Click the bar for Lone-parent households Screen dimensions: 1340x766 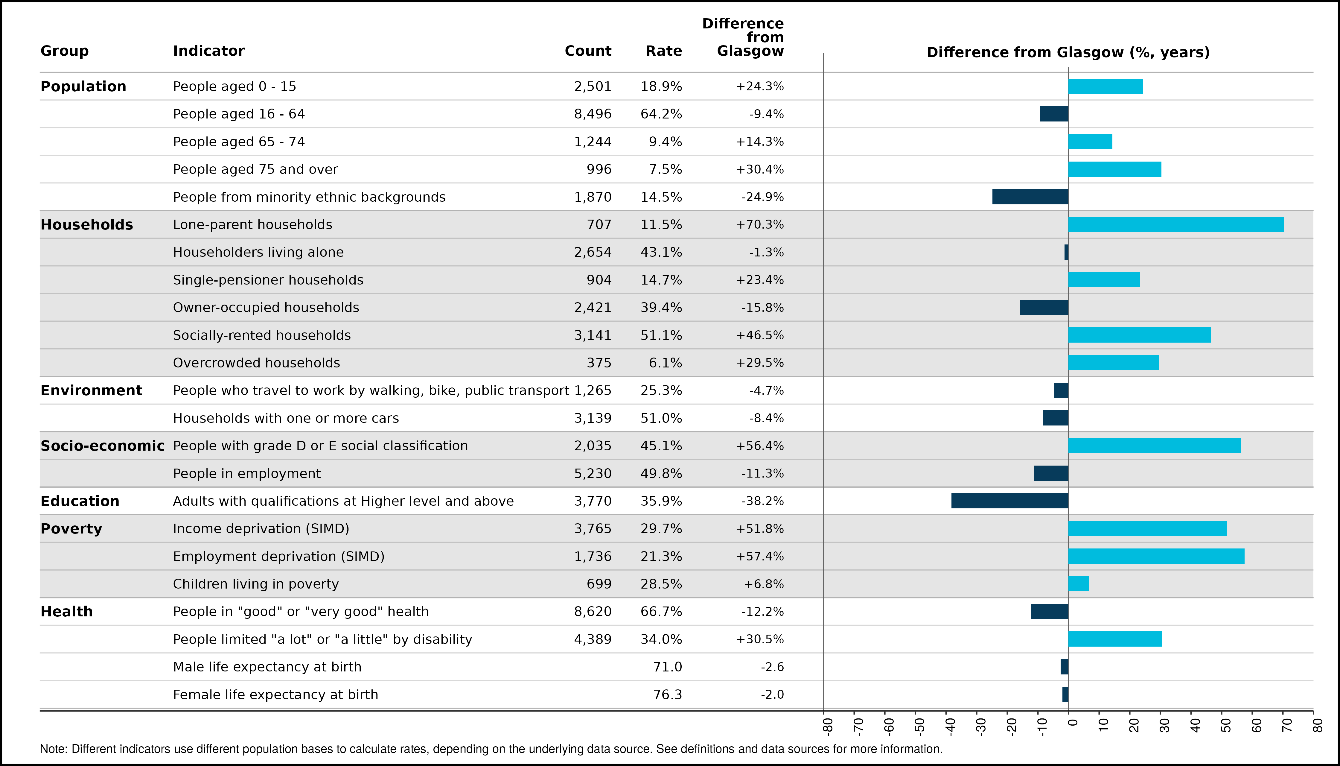pyautogui.click(x=1176, y=225)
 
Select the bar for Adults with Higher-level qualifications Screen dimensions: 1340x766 pyautogui.click(x=1010, y=501)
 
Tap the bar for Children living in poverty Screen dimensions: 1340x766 pyautogui.click(x=1079, y=584)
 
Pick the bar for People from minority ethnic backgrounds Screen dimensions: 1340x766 pyautogui.click(x=1030, y=197)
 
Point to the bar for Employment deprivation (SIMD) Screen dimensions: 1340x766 pyautogui.click(x=1156, y=556)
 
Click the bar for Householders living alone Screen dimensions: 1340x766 pyautogui.click(x=1067, y=252)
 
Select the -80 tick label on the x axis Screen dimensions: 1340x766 pyautogui.click(x=828, y=726)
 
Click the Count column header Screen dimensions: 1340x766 pyautogui.click(x=588, y=51)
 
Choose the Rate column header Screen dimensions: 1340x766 pyautogui.click(x=664, y=51)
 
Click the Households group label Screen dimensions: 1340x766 pyautogui.click(x=87, y=225)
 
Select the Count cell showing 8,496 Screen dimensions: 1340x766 pyautogui.click(x=593, y=114)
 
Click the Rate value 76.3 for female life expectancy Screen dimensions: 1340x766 pyautogui.click(x=667, y=694)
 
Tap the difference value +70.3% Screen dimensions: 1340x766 pyautogui.click(x=760, y=225)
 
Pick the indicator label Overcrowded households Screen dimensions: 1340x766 pyautogui.click(x=257, y=363)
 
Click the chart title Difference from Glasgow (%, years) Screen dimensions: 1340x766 pyautogui.click(x=1068, y=53)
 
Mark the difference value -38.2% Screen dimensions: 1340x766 pyautogui.click(x=762, y=501)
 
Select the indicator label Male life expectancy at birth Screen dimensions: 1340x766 pyautogui.click(x=267, y=667)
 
